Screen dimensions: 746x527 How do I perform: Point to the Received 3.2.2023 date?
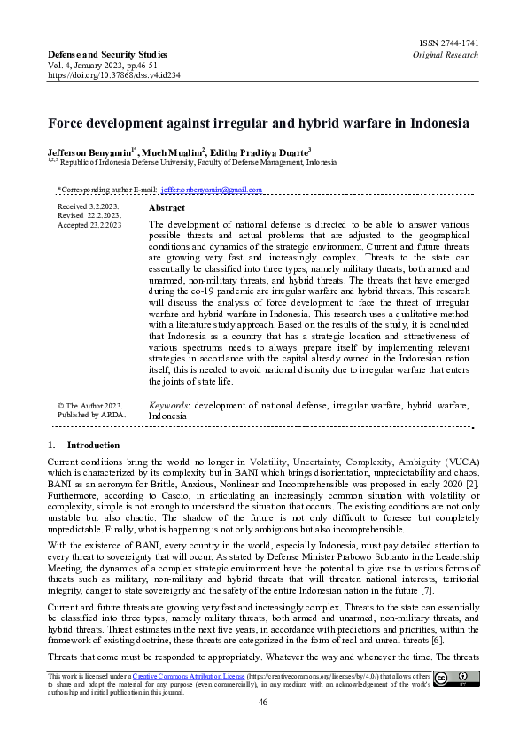pyautogui.click(x=87, y=206)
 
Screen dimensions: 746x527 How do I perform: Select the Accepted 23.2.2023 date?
pyautogui.click(x=89, y=225)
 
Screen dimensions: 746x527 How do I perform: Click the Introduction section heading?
pyautogui.click(x=92, y=445)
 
